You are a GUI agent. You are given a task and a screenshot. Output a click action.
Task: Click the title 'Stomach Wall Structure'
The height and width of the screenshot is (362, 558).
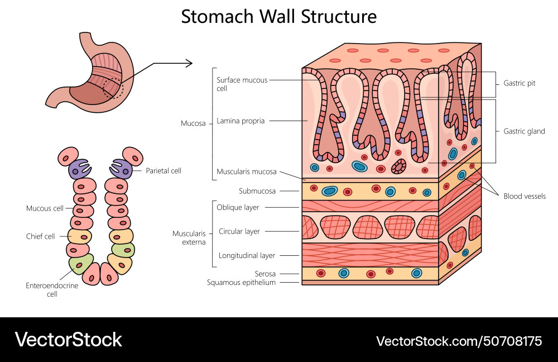(x=278, y=16)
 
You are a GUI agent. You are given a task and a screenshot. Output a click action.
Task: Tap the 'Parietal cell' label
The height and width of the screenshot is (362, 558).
(x=163, y=170)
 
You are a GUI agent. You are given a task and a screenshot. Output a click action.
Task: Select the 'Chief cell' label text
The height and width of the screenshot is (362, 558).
(x=41, y=236)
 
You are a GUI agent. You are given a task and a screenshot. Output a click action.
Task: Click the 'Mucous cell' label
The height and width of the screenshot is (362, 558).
(x=45, y=208)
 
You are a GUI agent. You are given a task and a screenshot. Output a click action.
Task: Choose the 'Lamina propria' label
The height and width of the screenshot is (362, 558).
(x=240, y=120)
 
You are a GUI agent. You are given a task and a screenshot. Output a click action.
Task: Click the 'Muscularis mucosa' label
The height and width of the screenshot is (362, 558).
(x=246, y=172)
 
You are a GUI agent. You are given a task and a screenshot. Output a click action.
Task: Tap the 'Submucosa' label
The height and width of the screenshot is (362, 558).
(x=257, y=191)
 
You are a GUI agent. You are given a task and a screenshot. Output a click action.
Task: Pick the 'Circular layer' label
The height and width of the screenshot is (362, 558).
(x=239, y=231)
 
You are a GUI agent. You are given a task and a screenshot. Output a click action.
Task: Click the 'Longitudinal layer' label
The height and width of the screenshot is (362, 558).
(x=246, y=255)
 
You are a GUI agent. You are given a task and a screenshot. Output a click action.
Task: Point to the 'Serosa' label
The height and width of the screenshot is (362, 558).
(x=266, y=274)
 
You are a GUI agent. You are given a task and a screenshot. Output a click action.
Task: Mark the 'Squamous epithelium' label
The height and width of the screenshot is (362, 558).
(x=241, y=283)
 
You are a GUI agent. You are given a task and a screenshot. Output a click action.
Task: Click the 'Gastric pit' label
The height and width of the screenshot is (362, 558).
(x=519, y=83)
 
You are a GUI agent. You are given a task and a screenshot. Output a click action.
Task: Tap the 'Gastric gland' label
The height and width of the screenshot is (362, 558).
(x=524, y=131)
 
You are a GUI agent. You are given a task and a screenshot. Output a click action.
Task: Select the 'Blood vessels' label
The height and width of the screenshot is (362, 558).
(x=524, y=196)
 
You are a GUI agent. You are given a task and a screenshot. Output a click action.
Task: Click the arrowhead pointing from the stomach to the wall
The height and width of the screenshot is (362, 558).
(x=190, y=63)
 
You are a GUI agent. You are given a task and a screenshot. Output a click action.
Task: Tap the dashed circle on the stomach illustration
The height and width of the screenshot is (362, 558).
(x=116, y=87)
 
